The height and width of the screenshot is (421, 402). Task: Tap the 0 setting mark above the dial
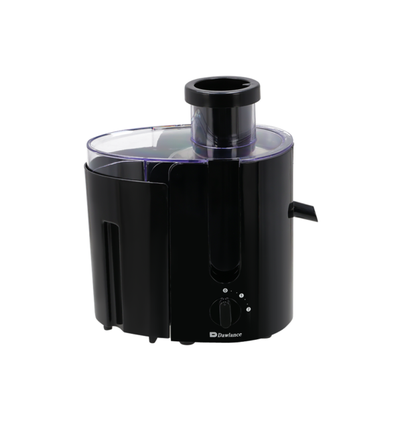225,290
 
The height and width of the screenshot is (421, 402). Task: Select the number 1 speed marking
241,296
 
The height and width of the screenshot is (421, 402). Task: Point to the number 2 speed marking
248,309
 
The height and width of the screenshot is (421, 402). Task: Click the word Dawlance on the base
229,335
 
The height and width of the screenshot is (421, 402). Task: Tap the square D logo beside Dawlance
213,335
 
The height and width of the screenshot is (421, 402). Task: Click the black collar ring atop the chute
222,92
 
